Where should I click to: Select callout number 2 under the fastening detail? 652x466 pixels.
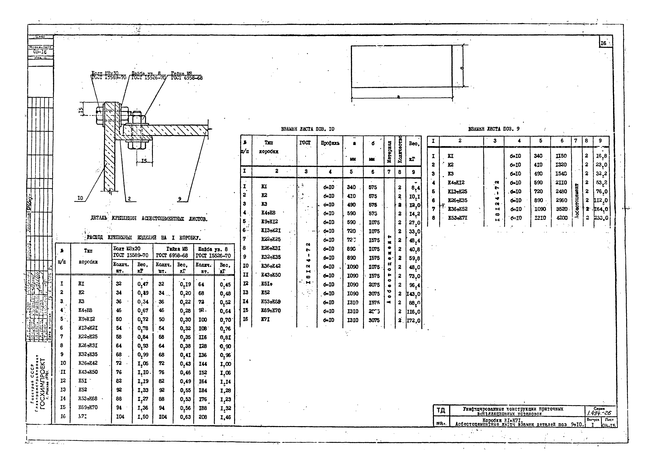(x=129, y=199)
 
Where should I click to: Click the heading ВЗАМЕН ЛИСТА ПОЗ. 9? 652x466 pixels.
(x=494, y=129)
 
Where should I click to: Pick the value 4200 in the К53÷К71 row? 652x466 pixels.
(x=562, y=218)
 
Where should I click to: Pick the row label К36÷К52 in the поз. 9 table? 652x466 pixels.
(x=457, y=209)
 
